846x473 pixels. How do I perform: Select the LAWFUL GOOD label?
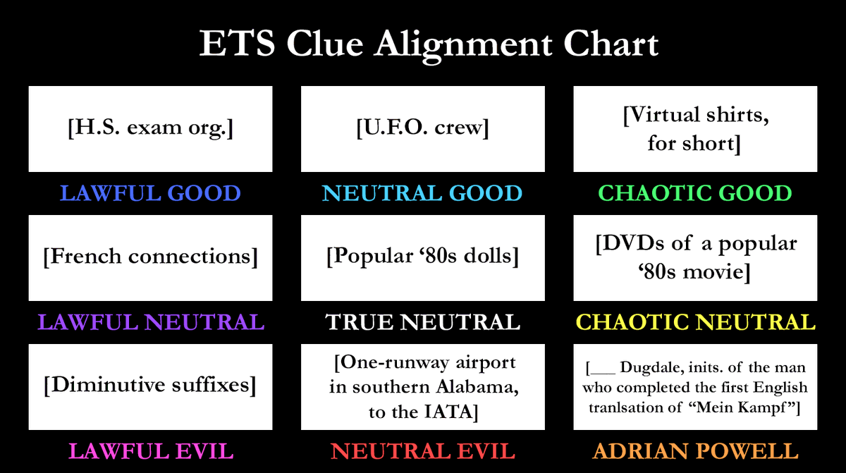click(x=150, y=193)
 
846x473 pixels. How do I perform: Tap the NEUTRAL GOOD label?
click(x=422, y=193)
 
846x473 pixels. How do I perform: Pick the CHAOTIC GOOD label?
click(x=695, y=193)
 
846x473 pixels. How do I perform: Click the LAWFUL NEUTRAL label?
click(x=150, y=322)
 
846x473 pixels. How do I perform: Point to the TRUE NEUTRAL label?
click(x=422, y=322)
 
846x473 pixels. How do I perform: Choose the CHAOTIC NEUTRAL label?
click(x=695, y=322)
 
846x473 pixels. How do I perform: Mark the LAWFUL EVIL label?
click(x=150, y=451)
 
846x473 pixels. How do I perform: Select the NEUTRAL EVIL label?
click(x=422, y=451)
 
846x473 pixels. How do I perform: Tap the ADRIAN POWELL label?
click(x=695, y=451)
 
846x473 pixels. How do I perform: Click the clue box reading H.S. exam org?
click(x=150, y=129)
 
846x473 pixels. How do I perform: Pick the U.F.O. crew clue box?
click(x=422, y=129)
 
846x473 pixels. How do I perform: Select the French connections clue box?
click(x=150, y=257)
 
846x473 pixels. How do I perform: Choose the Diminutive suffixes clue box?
click(x=150, y=386)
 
